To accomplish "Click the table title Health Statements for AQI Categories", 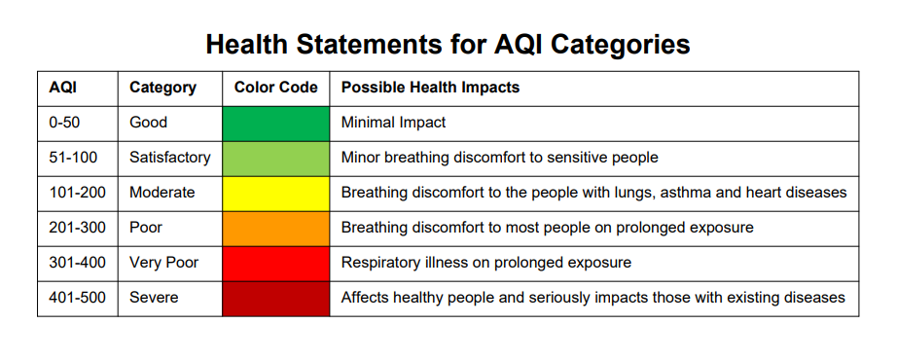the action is (x=448, y=44).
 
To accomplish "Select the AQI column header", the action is (x=63, y=88).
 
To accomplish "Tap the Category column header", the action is (x=162, y=89).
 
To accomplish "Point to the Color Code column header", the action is (x=275, y=88).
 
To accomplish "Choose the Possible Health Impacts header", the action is (x=430, y=89).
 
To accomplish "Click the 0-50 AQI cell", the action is (x=64, y=123).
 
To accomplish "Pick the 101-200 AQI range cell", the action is (x=77, y=193).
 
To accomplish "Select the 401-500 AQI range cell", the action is (x=77, y=298).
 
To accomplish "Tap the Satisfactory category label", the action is (x=170, y=158).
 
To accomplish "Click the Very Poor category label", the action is (x=163, y=263).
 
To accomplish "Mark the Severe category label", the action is (x=154, y=298).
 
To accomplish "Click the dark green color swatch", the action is (x=275, y=124).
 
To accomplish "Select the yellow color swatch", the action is (x=275, y=194).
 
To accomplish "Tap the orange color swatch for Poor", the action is (x=275, y=229).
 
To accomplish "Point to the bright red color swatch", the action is (x=275, y=264).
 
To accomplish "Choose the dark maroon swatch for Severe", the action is (x=275, y=299).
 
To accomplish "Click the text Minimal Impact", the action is (x=394, y=123).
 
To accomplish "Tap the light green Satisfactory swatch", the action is (x=275, y=159).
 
